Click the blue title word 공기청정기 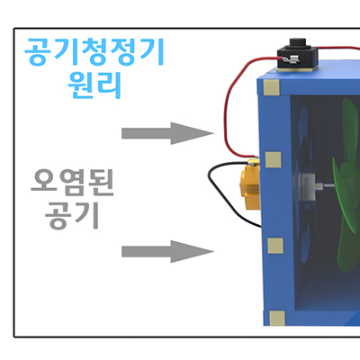pos(94,51)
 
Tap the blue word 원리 pos(94,85)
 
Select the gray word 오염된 pos(72,182)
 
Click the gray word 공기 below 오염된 pos(72,215)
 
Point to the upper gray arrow pos(167,133)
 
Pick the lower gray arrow pos(167,251)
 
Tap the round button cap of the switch pos(297,43)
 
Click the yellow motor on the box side pos(250,184)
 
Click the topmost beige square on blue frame pos(271,87)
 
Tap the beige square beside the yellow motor pos(274,159)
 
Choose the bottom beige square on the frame pos(277,319)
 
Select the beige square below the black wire pos(275,246)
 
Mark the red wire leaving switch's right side pos(338,48)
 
